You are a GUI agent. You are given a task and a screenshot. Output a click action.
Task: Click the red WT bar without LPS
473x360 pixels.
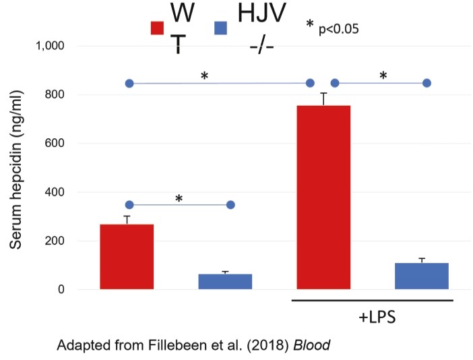point(127,257)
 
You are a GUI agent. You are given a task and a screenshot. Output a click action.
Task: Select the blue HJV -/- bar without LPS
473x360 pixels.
point(225,282)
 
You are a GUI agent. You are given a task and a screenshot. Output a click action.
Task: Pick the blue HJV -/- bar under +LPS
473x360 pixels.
point(422,276)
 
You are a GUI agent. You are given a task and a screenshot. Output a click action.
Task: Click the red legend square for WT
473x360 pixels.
point(156,28)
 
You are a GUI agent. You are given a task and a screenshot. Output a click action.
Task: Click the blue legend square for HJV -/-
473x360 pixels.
point(220,28)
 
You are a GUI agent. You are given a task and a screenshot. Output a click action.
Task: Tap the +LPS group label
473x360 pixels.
point(373,316)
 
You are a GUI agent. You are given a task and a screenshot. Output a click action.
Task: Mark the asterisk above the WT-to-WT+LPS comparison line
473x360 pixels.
point(203,76)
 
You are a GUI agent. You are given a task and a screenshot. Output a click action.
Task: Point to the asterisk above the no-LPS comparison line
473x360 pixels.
point(179,198)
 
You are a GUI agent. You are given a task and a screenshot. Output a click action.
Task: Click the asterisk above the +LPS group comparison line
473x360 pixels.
point(383,76)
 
